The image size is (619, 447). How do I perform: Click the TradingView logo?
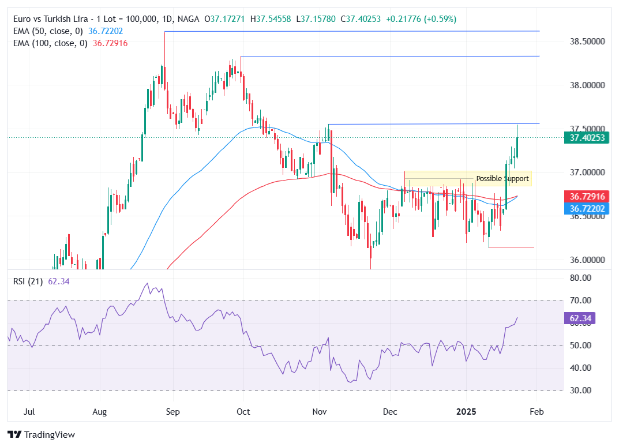(41, 434)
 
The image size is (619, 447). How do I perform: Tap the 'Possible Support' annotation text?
(502, 179)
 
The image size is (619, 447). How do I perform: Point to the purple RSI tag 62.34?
(580, 318)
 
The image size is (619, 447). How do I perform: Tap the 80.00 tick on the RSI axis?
(580, 278)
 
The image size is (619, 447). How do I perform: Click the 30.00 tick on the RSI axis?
(580, 390)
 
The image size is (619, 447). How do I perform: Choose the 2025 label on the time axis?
(466, 412)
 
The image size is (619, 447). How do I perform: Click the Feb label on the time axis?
(537, 412)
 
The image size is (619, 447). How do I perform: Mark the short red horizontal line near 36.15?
(511, 247)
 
